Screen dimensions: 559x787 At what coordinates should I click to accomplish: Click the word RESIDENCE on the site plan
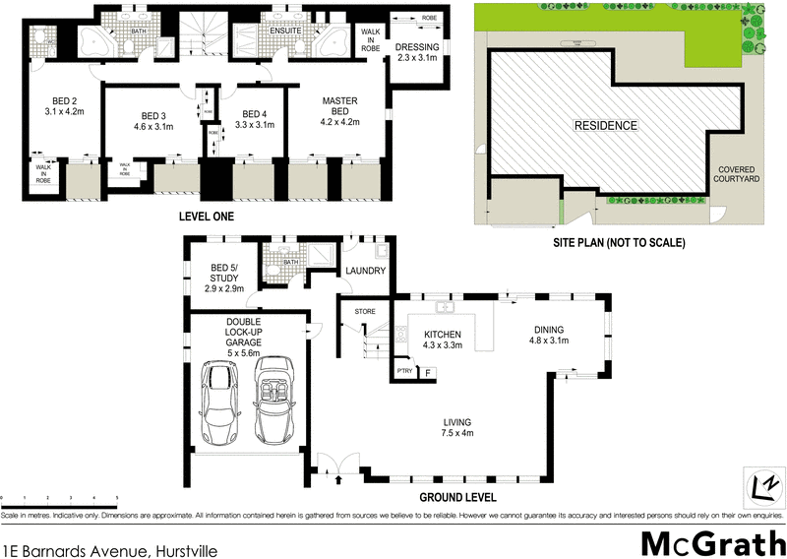[x=607, y=126]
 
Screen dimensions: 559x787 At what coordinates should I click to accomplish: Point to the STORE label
[x=366, y=313]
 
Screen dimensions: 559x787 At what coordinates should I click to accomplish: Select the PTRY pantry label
[x=404, y=371]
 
